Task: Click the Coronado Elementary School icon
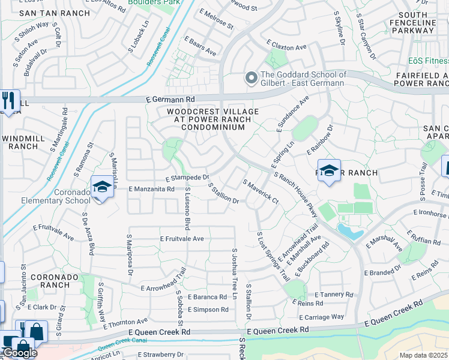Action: tap(102, 188)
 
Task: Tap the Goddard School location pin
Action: tap(250, 79)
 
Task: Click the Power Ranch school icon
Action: tap(328, 172)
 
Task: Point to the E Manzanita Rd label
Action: tap(152, 188)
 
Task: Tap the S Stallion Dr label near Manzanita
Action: tap(224, 194)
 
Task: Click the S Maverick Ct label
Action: tap(260, 190)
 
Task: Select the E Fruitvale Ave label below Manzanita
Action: tap(182, 239)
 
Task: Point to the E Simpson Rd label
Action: tap(208, 310)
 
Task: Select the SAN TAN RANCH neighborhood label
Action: tap(44, 13)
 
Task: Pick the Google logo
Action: tap(19, 353)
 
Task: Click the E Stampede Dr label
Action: tap(187, 178)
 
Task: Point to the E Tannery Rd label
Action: tap(334, 295)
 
